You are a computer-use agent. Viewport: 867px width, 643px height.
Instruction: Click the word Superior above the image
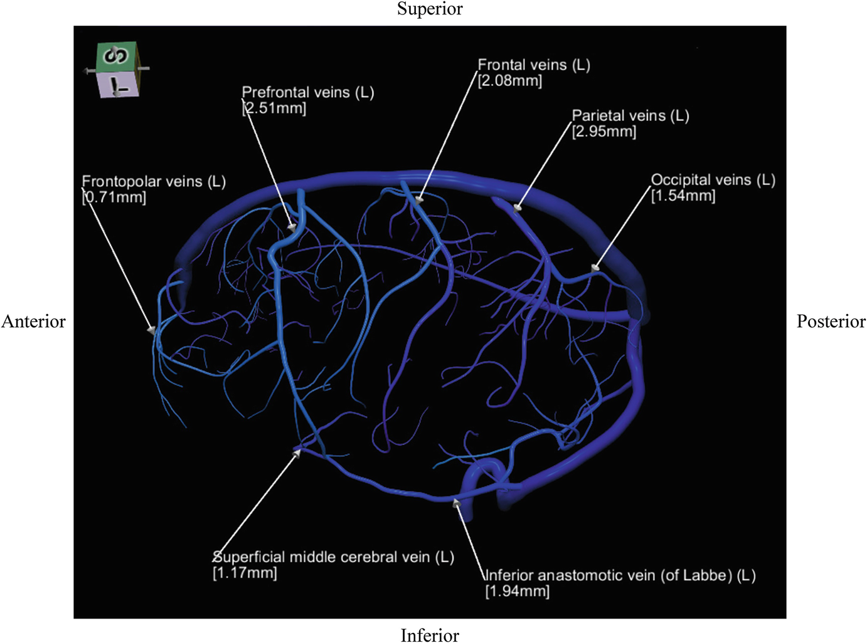coord(430,9)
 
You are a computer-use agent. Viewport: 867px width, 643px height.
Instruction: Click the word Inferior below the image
coord(430,635)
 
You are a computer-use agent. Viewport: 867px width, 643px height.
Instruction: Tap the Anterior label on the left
coord(33,321)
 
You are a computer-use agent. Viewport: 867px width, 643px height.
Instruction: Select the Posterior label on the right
coord(831,321)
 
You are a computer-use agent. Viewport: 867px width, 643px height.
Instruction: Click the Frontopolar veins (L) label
coord(154,182)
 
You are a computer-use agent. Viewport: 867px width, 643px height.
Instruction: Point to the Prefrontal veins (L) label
coord(308,93)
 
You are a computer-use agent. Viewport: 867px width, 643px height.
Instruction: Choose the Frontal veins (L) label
coord(534,65)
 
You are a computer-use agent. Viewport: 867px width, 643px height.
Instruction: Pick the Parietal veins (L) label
coord(630,116)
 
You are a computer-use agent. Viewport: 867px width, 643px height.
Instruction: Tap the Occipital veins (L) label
coord(713,180)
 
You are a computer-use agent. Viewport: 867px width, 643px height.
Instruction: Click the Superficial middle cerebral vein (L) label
coord(333,557)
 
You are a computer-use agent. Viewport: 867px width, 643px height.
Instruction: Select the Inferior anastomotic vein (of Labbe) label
coord(620,575)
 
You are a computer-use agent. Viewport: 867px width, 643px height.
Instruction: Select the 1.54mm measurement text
coord(683,196)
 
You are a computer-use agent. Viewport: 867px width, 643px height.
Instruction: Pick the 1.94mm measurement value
coord(518,591)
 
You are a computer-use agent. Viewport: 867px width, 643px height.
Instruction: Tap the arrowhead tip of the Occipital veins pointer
coord(595,268)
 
